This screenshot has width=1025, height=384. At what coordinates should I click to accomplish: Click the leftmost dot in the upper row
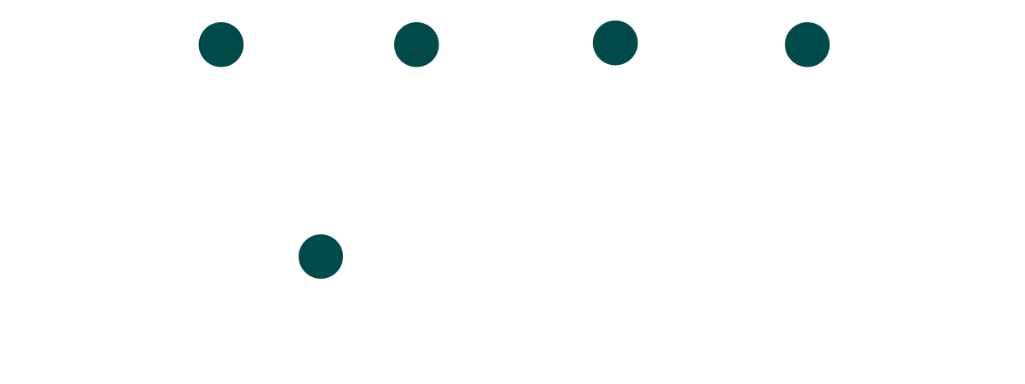click(x=221, y=44)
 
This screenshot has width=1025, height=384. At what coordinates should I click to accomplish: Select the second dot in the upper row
click(x=416, y=44)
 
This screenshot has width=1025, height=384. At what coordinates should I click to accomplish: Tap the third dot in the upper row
click(x=615, y=43)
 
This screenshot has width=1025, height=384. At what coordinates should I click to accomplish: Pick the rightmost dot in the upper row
click(x=807, y=44)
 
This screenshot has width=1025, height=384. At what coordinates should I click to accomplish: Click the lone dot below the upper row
click(x=321, y=257)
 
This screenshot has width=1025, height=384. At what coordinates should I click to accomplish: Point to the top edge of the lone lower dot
click(x=321, y=235)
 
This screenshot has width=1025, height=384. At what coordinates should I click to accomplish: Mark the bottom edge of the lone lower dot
click(x=321, y=278)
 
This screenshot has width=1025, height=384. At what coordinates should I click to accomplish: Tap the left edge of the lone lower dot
click(x=299, y=257)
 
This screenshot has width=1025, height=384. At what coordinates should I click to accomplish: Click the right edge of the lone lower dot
click(x=342, y=257)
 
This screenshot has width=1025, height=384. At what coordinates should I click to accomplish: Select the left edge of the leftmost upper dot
click(x=200, y=44)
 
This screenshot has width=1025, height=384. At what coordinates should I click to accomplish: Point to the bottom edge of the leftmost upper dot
click(x=221, y=66)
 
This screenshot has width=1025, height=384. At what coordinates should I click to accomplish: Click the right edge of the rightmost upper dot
click(x=828, y=44)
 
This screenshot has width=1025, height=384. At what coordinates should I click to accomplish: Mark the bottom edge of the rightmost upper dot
click(x=807, y=66)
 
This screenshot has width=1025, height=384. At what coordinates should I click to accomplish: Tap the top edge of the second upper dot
click(x=416, y=23)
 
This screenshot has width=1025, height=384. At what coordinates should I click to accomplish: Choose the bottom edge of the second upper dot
click(x=416, y=66)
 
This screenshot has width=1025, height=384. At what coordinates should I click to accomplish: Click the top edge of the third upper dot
click(x=615, y=21)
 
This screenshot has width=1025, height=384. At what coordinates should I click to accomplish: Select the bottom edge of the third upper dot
click(x=615, y=64)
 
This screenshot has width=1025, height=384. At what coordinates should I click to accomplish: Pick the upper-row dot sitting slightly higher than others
click(x=615, y=43)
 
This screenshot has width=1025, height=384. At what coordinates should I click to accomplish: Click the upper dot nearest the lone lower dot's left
click(x=221, y=44)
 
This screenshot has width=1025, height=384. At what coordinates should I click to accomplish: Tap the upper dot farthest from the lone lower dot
click(x=807, y=44)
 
